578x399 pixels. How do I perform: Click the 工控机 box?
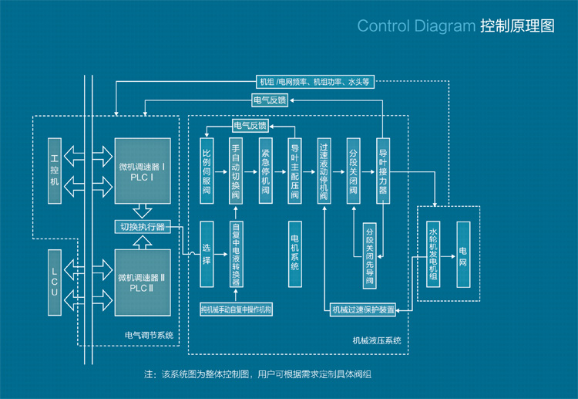[54, 171]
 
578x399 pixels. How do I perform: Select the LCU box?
[54, 282]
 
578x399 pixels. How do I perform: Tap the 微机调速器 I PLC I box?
[143, 171]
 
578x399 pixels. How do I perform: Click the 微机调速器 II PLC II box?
[143, 282]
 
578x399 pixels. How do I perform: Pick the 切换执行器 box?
[143, 227]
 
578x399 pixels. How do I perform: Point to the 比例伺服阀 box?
[207, 171]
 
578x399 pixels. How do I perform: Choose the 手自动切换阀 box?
[236, 171]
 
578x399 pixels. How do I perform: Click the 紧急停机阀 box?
[265, 171]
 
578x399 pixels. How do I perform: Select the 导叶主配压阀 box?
[294, 171]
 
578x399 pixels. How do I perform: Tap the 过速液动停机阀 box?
[324, 171]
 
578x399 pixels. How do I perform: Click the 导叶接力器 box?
[383, 171]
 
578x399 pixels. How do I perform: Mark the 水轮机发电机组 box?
[433, 254]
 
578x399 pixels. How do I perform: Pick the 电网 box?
[462, 254]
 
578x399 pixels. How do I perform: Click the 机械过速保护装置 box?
[363, 310]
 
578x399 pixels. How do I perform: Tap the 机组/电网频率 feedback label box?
[315, 81]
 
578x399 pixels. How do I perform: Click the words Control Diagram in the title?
[416, 25]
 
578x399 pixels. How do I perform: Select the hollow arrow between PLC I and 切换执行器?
[143, 211]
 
